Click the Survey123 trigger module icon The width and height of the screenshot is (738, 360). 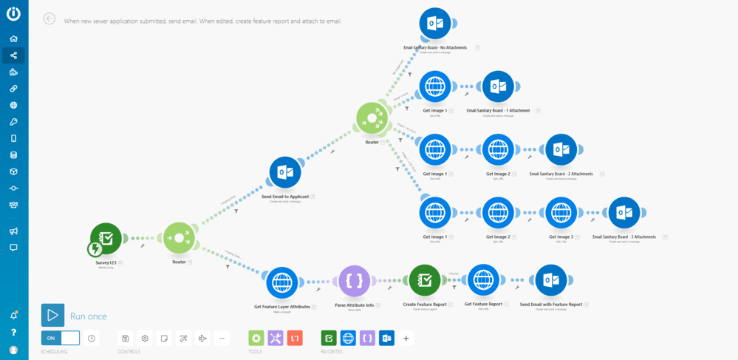point(106,238)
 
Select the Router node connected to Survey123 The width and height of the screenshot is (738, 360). point(179,238)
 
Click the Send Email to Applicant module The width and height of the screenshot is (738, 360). point(285,172)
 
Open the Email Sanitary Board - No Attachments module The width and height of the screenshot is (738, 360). point(435,24)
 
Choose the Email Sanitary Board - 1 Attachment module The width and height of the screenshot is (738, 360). point(498,86)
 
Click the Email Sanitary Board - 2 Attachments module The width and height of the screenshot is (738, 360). point(561,149)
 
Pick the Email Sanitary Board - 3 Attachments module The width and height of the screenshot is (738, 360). point(624,213)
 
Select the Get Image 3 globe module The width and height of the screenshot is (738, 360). point(561,213)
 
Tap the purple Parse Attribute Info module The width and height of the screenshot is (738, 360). point(354,281)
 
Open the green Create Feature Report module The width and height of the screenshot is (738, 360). point(424,280)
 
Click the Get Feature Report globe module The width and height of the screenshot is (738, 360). point(483,280)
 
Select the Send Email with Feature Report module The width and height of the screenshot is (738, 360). point(550,280)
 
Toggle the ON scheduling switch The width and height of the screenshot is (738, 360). point(61,338)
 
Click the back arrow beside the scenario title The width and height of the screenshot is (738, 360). point(49,18)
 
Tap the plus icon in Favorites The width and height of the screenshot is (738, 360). point(406,338)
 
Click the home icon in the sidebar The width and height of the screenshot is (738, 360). point(13,38)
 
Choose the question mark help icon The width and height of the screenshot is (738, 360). point(13,333)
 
